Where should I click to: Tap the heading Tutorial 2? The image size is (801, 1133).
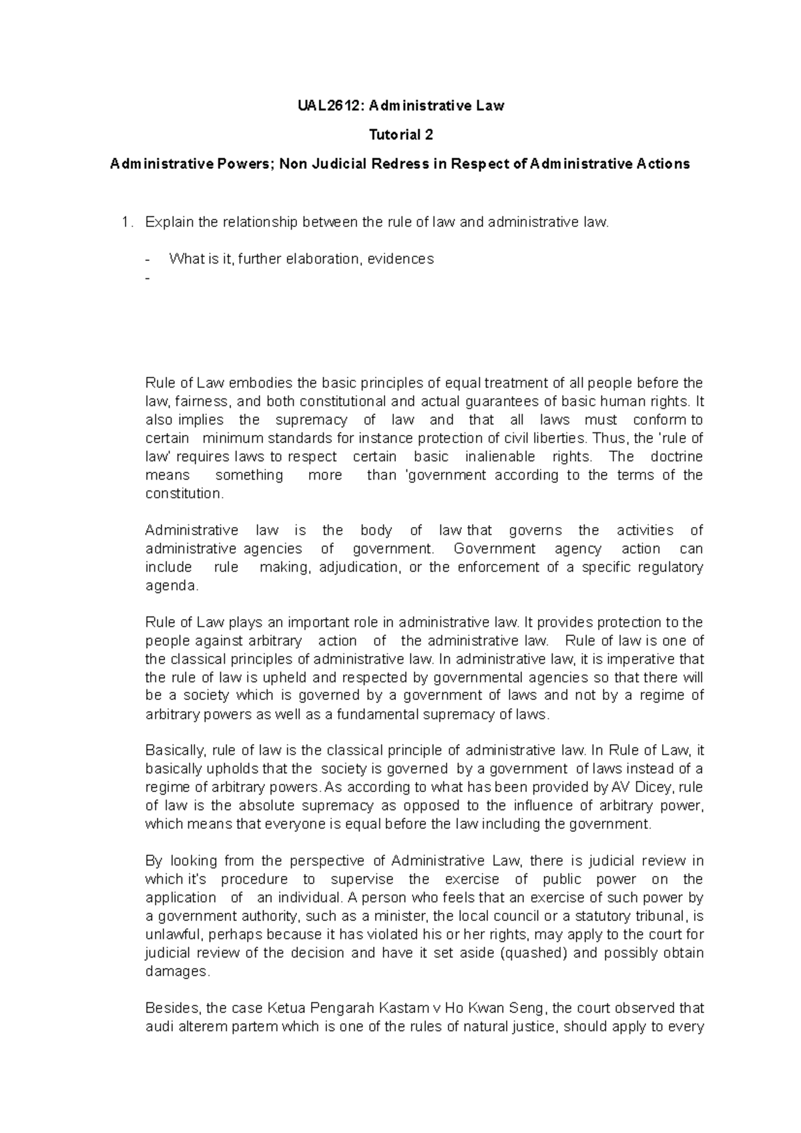point(401,135)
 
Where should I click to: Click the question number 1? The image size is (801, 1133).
point(127,222)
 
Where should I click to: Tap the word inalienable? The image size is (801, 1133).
point(493,457)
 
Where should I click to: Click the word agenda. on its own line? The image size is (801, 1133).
point(172,586)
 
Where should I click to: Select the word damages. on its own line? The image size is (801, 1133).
point(178,972)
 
